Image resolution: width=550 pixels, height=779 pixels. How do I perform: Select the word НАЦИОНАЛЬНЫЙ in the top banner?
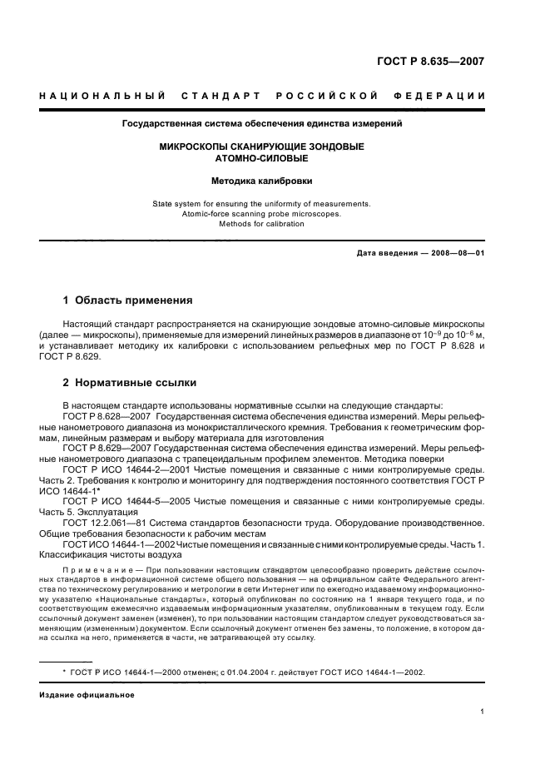click(102, 96)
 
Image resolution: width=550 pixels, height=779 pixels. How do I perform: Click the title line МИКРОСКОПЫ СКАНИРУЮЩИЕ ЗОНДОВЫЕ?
click(262, 146)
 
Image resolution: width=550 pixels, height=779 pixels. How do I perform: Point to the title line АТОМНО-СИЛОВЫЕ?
click(262, 157)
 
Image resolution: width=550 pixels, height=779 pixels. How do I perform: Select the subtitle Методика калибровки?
click(262, 180)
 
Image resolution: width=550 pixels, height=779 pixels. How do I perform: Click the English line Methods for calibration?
click(262, 224)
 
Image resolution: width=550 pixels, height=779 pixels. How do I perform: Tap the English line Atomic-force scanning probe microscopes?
click(262, 214)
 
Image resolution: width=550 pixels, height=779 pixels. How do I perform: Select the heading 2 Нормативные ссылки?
click(131, 383)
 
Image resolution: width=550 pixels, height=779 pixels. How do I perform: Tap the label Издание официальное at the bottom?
click(87, 695)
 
